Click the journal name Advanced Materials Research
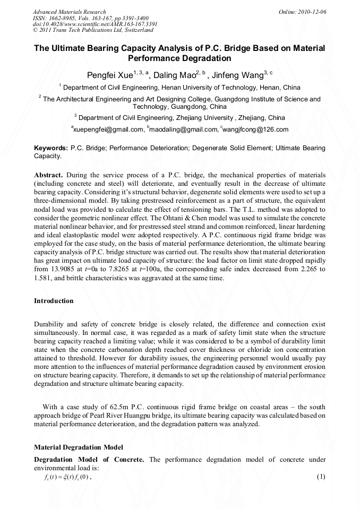tap(69, 11)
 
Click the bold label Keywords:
tap(51, 148)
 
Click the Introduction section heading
tap(54, 301)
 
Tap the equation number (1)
tap(320, 477)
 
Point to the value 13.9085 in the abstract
tap(65, 270)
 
